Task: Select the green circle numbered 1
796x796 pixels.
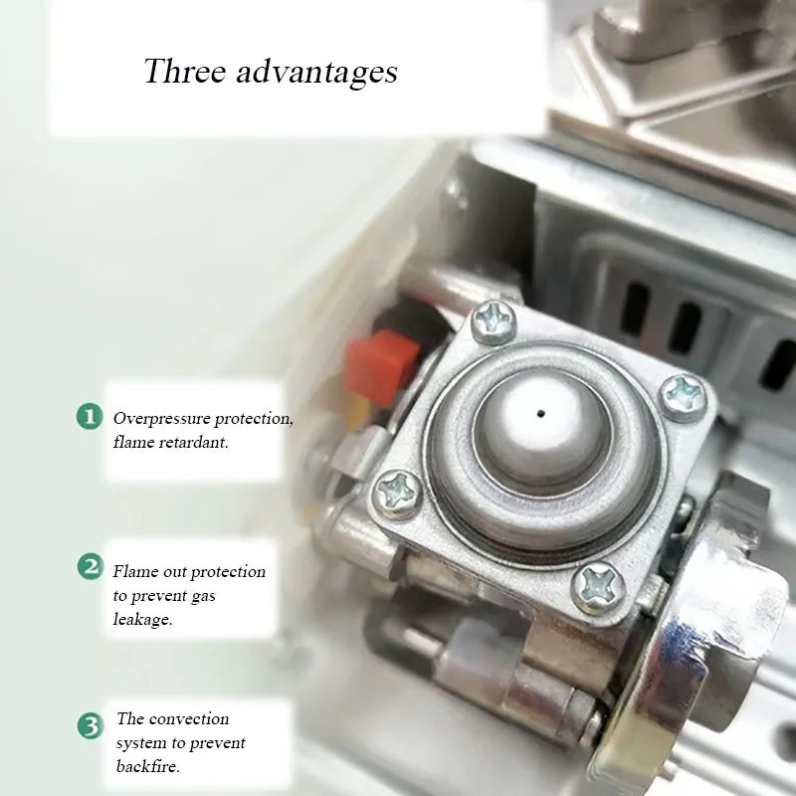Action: (90, 416)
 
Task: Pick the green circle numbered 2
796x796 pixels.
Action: (90, 567)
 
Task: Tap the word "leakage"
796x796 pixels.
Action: (142, 619)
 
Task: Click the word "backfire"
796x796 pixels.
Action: (148, 767)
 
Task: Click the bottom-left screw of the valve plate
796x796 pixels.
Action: (395, 489)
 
